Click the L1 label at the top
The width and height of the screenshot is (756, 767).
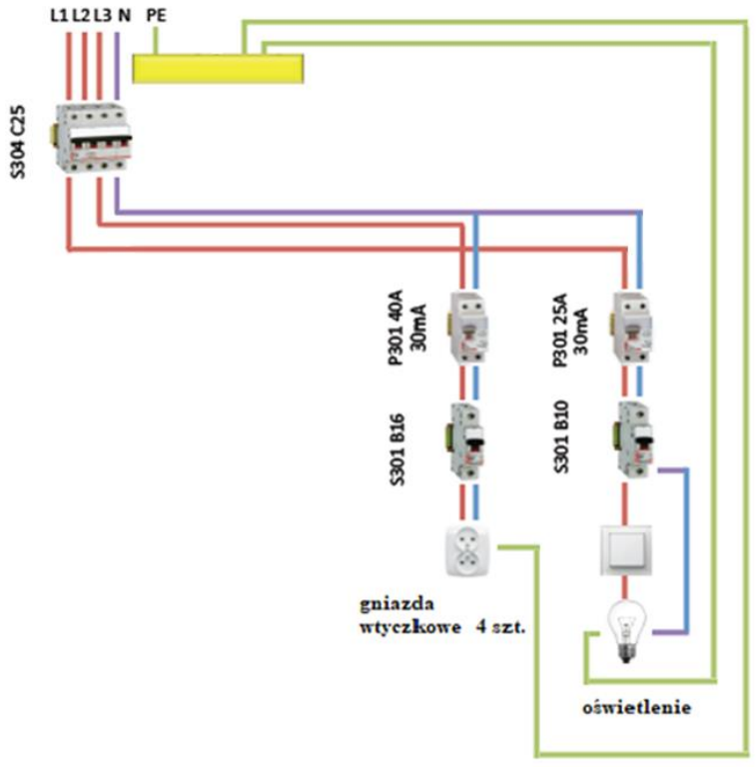[60, 16]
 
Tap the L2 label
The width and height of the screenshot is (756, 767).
[81, 16]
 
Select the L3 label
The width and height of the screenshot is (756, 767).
[103, 16]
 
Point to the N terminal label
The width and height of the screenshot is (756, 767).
[124, 16]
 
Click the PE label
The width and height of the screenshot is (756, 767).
[157, 16]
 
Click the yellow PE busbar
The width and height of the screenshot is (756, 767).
[218, 69]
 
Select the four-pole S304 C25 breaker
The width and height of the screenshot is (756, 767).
[92, 138]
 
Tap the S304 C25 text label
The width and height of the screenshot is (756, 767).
[18, 142]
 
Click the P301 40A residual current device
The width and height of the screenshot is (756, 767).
[468, 327]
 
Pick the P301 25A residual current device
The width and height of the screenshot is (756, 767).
[632, 327]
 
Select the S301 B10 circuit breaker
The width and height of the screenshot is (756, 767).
[635, 439]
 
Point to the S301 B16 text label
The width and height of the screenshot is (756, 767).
[397, 449]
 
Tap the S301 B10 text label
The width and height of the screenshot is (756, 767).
[561, 436]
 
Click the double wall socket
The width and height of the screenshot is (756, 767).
[467, 551]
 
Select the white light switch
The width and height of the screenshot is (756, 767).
[625, 550]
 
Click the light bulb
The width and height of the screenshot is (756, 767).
[626, 632]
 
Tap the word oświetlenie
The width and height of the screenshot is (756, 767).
[637, 707]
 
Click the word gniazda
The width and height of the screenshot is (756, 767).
[396, 604]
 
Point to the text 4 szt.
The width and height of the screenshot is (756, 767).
[500, 626]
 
